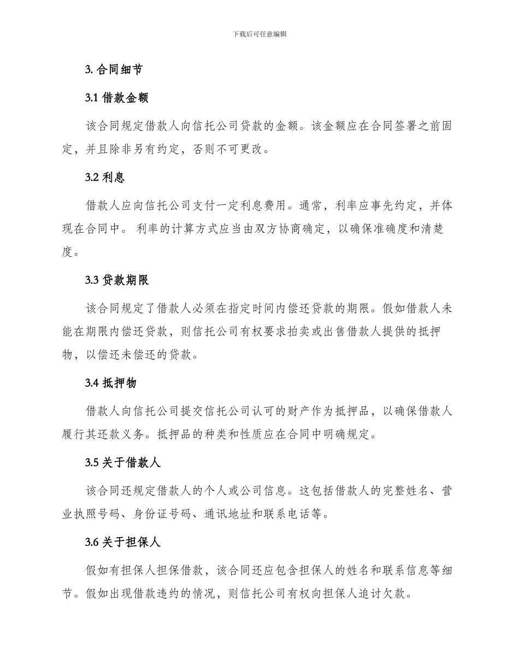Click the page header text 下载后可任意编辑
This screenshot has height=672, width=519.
coord(259,34)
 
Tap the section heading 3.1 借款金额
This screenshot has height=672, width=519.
coord(117,98)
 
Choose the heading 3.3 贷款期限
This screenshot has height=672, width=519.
coord(117,280)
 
